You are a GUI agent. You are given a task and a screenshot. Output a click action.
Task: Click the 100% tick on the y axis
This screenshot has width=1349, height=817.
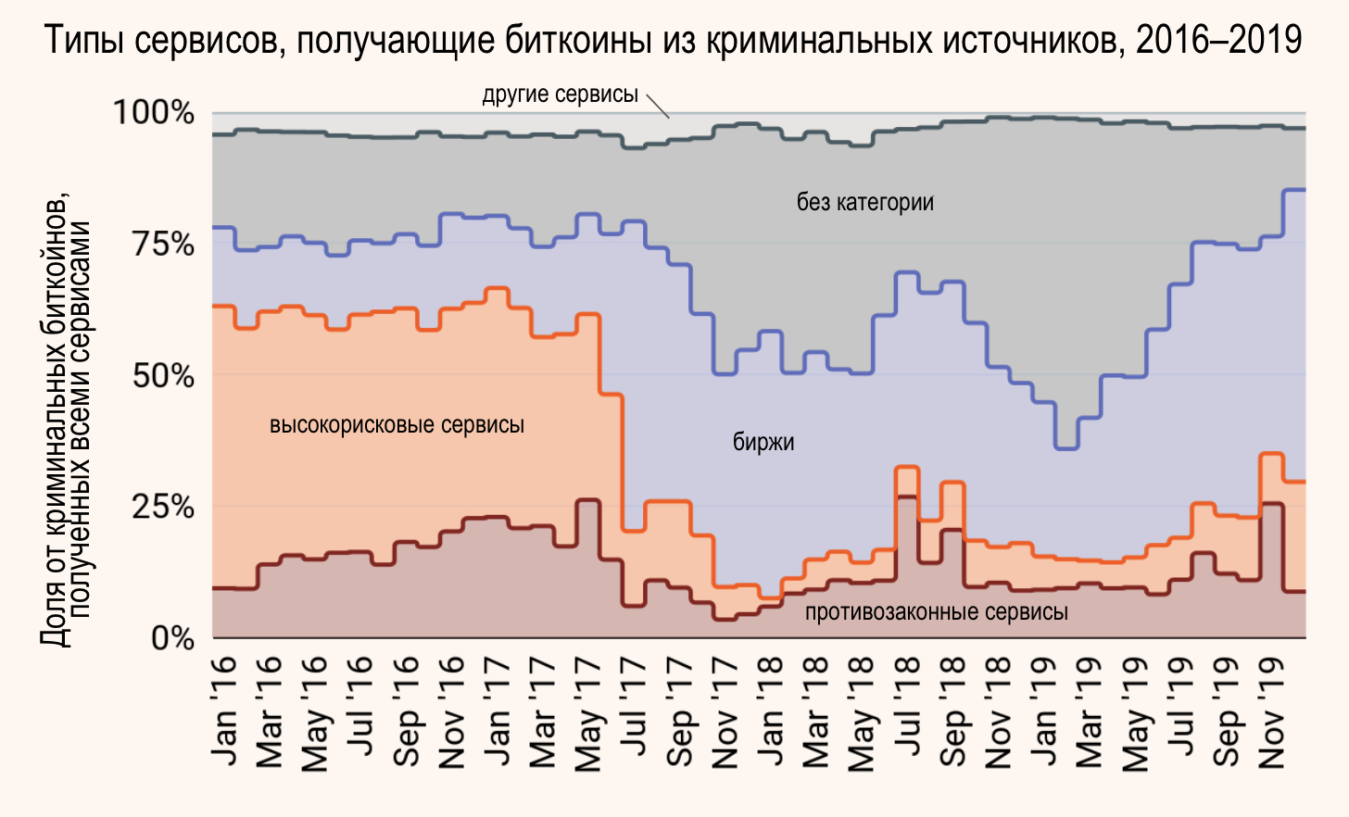point(154,113)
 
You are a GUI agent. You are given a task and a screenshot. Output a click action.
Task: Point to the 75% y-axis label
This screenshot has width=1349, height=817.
point(163,245)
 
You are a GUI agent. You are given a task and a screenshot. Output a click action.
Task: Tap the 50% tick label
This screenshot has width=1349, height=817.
point(163,376)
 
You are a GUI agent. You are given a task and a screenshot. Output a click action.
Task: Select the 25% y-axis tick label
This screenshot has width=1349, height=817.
point(163,508)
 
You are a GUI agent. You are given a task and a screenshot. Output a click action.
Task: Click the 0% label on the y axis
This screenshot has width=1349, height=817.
point(172,639)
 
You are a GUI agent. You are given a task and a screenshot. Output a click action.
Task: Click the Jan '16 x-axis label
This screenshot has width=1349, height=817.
point(224,711)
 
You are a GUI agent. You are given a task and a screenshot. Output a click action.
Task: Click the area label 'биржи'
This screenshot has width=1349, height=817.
point(763,442)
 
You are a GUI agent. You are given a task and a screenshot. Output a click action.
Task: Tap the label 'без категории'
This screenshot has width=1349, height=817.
point(864,202)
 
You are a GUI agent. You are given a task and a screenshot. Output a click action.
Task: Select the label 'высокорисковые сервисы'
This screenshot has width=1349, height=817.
point(397,425)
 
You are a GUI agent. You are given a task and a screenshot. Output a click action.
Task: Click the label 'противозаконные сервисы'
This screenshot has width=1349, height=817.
point(936,612)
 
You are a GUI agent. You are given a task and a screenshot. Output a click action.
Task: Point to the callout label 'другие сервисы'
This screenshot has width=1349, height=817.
point(560,94)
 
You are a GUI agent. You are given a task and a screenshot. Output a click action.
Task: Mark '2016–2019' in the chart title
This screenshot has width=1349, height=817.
point(1218,40)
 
